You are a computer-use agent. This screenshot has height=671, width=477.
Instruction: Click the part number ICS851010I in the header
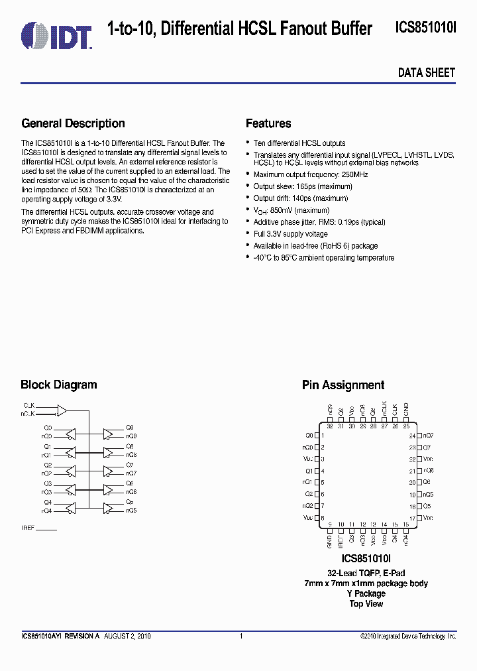tap(425, 29)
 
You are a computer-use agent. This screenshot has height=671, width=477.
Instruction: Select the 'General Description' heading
tap(73, 123)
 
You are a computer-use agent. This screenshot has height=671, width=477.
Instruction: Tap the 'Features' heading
tap(268, 123)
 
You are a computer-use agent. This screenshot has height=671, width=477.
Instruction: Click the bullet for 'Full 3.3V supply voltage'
tap(248, 234)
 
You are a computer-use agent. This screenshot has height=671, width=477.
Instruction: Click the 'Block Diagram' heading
tap(58, 385)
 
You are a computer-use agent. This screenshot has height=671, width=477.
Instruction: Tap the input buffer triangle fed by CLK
tap(62, 410)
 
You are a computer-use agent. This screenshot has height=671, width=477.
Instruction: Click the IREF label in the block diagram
tap(28, 528)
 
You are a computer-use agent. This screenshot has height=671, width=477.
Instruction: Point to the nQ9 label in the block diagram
tap(131, 436)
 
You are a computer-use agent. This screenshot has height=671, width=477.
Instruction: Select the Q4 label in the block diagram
tap(48, 503)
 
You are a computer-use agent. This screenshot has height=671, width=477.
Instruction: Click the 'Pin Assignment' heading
tap(343, 385)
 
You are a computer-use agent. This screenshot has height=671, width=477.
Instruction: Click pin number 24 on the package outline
tap(411, 436)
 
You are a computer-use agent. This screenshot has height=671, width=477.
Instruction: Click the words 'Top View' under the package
tap(366, 603)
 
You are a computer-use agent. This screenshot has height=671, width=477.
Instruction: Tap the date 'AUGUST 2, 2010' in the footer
tap(128, 636)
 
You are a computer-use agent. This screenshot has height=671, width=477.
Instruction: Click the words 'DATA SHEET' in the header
tap(426, 73)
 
